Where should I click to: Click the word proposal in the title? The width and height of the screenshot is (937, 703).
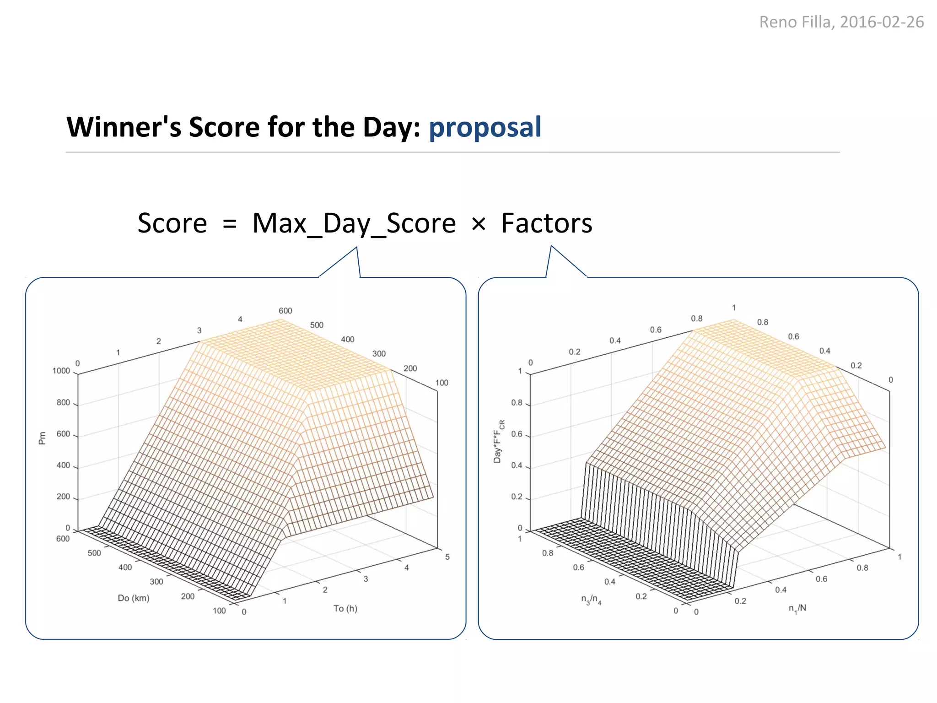click(x=485, y=128)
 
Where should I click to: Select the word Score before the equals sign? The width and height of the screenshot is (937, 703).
click(x=172, y=223)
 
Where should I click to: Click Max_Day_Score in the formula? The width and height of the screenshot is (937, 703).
click(x=354, y=224)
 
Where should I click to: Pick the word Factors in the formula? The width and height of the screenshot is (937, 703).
click(x=547, y=223)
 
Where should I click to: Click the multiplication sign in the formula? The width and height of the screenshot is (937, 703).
click(x=479, y=224)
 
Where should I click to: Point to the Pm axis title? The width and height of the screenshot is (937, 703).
click(x=42, y=438)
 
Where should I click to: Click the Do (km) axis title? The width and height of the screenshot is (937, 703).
click(x=134, y=598)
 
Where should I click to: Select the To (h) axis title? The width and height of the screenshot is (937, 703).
click(x=345, y=608)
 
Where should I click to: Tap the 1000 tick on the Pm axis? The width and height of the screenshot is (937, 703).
click(x=61, y=371)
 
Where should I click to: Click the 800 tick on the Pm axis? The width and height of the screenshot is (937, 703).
click(x=63, y=402)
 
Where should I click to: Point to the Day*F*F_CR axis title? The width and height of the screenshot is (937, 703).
click(x=499, y=442)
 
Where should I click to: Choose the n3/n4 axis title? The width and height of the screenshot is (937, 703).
click(x=591, y=600)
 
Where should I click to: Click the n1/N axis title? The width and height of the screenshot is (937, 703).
click(x=797, y=609)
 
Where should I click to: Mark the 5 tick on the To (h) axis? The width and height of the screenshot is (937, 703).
click(x=447, y=557)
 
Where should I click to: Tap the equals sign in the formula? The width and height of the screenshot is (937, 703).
click(x=230, y=224)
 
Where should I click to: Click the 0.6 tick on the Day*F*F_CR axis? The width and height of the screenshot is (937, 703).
click(x=517, y=434)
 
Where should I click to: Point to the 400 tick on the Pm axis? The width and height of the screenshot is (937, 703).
click(x=63, y=465)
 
